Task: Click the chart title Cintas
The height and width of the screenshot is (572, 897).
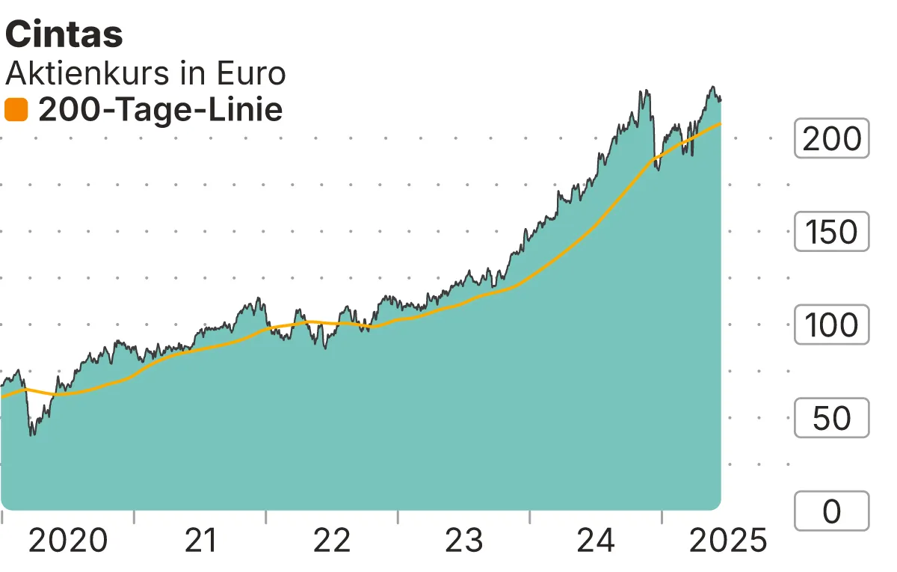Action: [x=64, y=35]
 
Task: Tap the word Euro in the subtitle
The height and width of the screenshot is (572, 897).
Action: [x=250, y=73]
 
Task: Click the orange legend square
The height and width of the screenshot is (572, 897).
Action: [x=16, y=111]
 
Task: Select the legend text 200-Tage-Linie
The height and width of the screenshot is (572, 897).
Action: [x=160, y=111]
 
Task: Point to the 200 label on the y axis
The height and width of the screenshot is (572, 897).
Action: [x=831, y=138]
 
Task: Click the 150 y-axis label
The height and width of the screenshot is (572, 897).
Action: [x=831, y=232]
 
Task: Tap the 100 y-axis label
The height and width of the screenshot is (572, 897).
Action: [x=831, y=325]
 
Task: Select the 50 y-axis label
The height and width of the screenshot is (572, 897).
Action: [x=831, y=418]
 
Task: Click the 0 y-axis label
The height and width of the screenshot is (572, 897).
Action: [x=831, y=511]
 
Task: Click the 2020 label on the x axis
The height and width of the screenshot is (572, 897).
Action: [x=67, y=540]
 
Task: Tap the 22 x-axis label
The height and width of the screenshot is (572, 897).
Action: [x=332, y=540]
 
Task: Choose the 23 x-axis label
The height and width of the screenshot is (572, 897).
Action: [x=463, y=540]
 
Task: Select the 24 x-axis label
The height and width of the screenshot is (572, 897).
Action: [x=596, y=540]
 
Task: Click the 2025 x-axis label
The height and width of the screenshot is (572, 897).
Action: [x=727, y=540]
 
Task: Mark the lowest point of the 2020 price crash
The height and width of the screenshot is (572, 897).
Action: [x=31, y=434]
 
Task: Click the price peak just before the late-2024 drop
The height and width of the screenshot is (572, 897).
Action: [x=642, y=91]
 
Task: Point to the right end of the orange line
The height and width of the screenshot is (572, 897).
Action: [x=721, y=123]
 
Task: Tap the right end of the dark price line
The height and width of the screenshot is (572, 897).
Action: [x=721, y=99]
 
